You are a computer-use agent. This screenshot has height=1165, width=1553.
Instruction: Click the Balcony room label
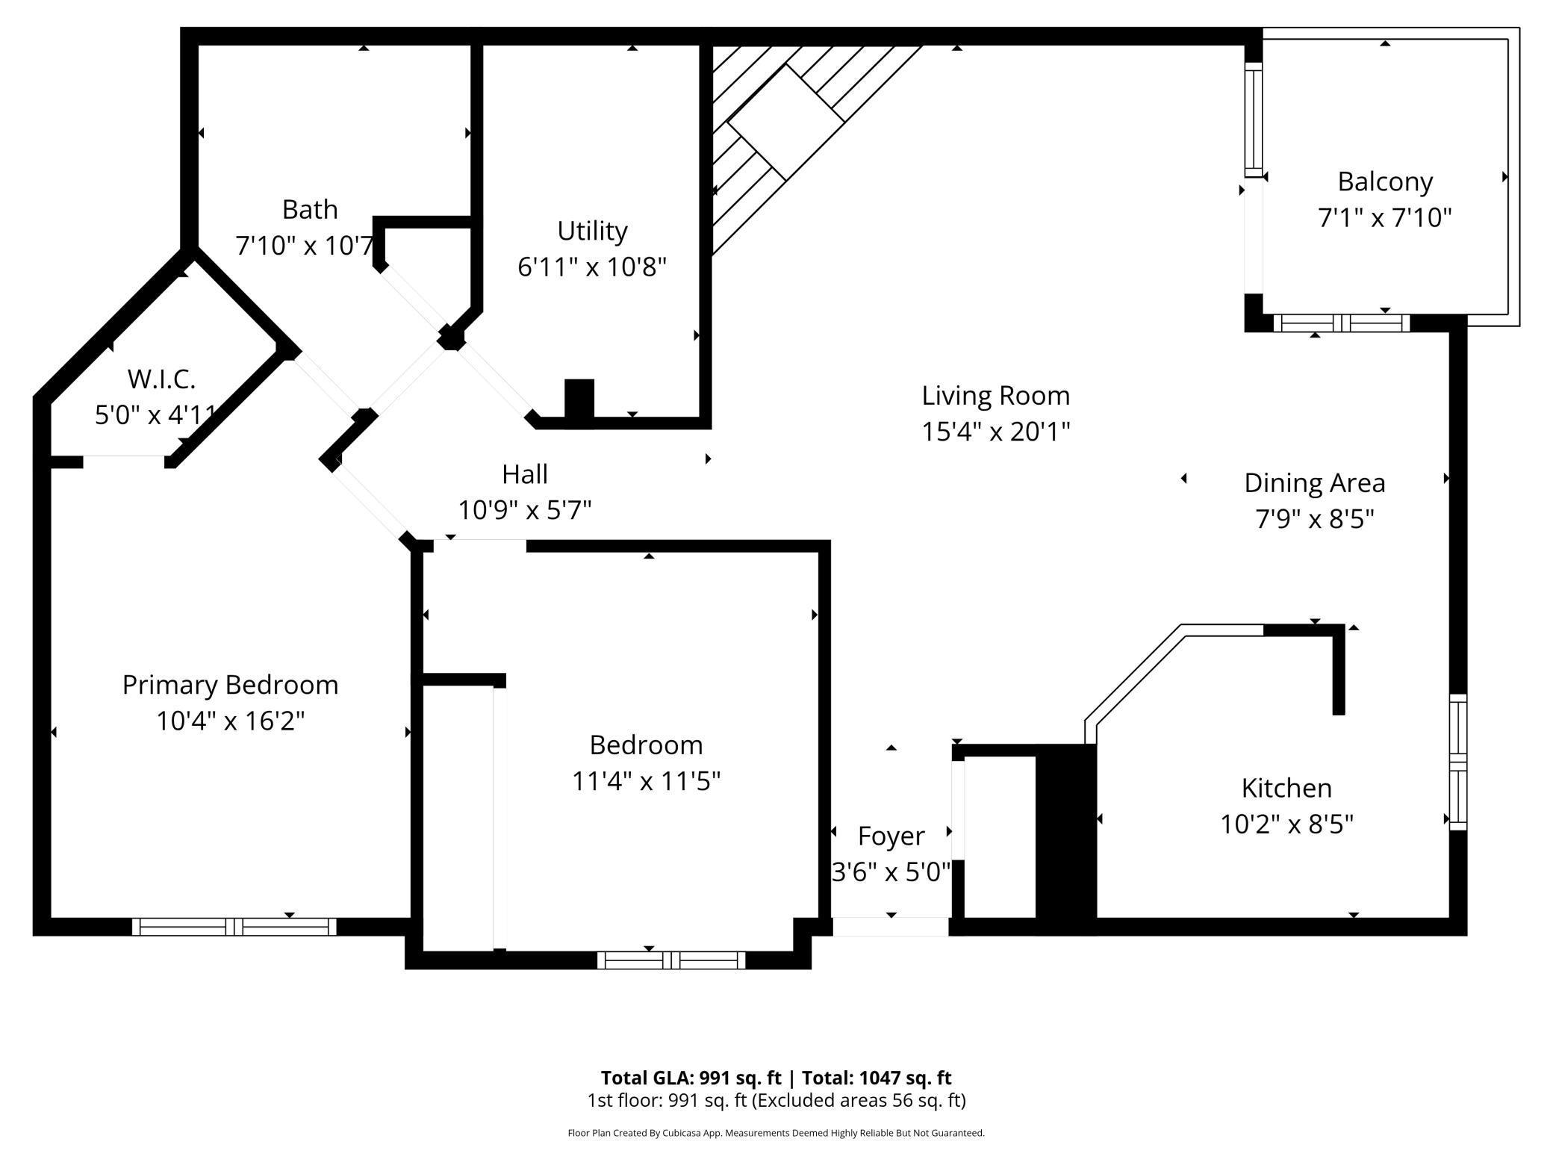1384,181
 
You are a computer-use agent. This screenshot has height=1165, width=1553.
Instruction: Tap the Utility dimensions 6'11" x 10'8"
591,267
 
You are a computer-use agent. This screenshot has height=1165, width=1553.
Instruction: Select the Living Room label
995,395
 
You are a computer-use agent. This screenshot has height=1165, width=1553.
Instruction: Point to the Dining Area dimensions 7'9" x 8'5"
1314,518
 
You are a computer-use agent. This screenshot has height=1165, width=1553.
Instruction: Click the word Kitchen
1286,788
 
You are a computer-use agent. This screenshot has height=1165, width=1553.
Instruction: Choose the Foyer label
891,836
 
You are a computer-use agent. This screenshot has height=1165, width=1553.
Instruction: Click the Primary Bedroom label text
230,685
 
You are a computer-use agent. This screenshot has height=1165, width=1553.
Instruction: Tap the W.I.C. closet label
161,379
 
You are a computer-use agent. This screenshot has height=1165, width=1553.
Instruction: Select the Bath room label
309,209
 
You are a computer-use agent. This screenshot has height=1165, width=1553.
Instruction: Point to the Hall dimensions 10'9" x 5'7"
524,510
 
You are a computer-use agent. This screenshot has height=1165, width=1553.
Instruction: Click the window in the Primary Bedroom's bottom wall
234,927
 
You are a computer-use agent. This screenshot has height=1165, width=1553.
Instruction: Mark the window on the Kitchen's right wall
1457,762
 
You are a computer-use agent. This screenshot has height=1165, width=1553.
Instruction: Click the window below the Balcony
1341,323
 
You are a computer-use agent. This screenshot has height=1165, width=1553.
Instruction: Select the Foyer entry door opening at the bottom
890,927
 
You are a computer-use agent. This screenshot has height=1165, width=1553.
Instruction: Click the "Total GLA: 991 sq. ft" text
691,1078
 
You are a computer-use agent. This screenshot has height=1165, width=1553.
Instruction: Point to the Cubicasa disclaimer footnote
776,1133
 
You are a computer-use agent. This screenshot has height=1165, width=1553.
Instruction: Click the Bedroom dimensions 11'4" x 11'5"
646,781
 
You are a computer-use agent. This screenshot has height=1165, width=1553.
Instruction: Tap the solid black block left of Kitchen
1065,840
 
